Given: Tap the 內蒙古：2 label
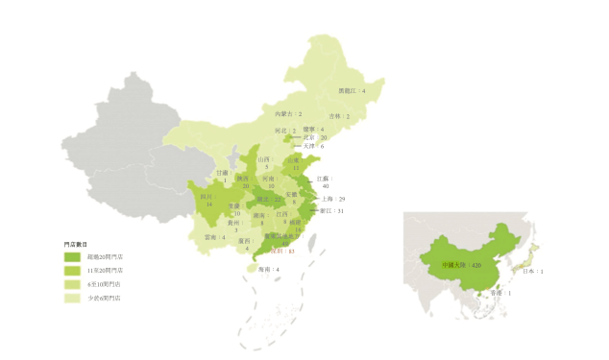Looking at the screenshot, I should coord(288,114).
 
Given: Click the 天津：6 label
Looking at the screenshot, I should coord(314,146).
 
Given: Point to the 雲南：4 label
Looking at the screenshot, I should coord(215,236).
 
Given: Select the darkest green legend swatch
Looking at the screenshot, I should coord(72,257).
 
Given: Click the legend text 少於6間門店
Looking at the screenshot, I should coord(105,299).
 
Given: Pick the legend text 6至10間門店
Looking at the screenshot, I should coord(105,285).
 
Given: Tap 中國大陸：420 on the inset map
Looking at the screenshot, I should coord(461,264).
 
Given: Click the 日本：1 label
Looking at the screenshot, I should coord(535,272).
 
